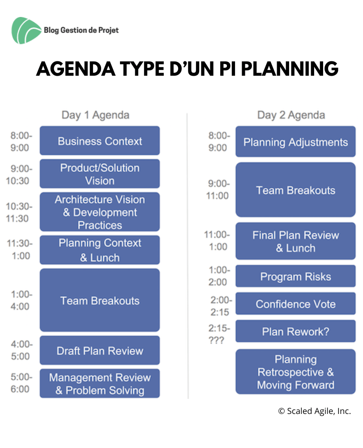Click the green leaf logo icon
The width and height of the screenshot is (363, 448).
click(x=26, y=30)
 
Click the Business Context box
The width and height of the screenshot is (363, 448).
click(x=100, y=141)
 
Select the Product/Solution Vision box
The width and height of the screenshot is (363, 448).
click(x=100, y=174)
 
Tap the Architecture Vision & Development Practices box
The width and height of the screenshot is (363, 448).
click(x=100, y=212)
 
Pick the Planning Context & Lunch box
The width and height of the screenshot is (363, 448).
click(x=100, y=250)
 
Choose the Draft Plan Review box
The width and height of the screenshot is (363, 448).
click(x=100, y=350)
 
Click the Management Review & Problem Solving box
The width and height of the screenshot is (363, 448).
click(x=100, y=383)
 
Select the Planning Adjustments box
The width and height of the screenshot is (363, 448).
click(x=295, y=142)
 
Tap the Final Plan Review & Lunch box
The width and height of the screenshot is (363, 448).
click(x=295, y=241)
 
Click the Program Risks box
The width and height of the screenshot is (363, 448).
click(x=295, y=276)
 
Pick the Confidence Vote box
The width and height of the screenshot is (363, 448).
click(x=295, y=303)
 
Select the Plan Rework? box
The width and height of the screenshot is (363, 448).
click(x=295, y=331)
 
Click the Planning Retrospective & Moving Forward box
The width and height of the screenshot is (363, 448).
click(x=295, y=372)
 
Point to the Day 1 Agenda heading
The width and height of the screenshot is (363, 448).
click(x=96, y=115)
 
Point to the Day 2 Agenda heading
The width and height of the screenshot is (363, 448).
click(x=291, y=115)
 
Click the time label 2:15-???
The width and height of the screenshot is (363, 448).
click(x=219, y=334)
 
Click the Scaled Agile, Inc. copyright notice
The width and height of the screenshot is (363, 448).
click(x=315, y=411)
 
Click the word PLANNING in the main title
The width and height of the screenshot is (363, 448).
click(x=290, y=69)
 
